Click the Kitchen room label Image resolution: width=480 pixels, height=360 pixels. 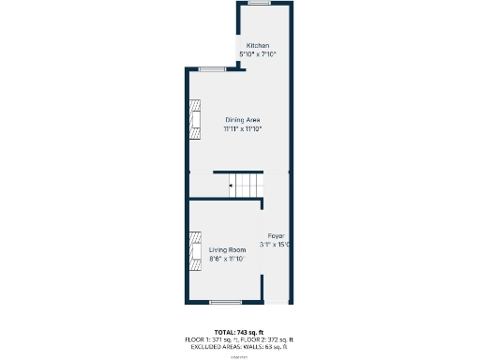258,46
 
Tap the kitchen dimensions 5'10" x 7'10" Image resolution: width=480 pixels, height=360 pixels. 258,54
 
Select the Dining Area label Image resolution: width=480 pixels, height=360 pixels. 242,120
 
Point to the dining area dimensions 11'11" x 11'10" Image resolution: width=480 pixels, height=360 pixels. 242,129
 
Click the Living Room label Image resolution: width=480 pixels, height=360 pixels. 227,249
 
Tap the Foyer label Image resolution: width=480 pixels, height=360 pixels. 276,235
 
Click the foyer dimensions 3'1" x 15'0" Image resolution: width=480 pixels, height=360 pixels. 276,245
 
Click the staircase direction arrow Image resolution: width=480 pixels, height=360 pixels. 230,186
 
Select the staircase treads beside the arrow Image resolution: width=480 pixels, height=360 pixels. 247,186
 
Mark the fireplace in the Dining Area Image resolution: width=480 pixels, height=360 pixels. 194,120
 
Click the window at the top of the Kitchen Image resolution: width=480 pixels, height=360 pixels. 258,3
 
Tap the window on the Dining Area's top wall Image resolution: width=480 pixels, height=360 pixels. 211,68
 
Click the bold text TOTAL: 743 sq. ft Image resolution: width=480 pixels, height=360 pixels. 240,332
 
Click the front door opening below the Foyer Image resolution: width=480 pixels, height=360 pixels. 277,302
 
